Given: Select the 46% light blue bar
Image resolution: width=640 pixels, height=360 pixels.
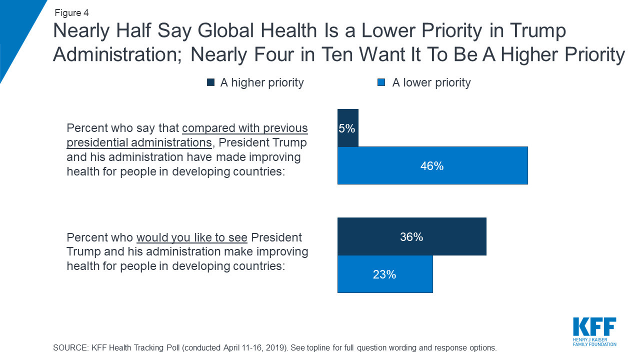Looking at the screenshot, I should coord(432,165).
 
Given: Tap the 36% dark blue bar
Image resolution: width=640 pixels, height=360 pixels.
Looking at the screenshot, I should coord(411,236).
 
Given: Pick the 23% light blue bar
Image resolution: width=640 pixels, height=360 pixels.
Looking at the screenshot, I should coord(384,274).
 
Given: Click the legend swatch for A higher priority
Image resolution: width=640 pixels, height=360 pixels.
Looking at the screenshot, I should coord(211,82).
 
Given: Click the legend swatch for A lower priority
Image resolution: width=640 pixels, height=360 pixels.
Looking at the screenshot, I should coord(381,82).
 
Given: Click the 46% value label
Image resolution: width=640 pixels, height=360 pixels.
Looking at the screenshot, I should coord(432,166).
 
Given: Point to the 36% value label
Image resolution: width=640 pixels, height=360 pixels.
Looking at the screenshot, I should coord(411,237).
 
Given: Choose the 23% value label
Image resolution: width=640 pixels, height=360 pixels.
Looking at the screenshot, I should coord(384,274).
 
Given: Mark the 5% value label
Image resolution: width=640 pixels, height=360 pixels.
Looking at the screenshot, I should coord(347,128).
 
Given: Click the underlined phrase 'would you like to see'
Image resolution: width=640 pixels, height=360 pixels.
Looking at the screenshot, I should coord(192,237).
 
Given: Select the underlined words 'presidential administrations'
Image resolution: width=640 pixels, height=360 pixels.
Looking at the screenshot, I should coord(139,142).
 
